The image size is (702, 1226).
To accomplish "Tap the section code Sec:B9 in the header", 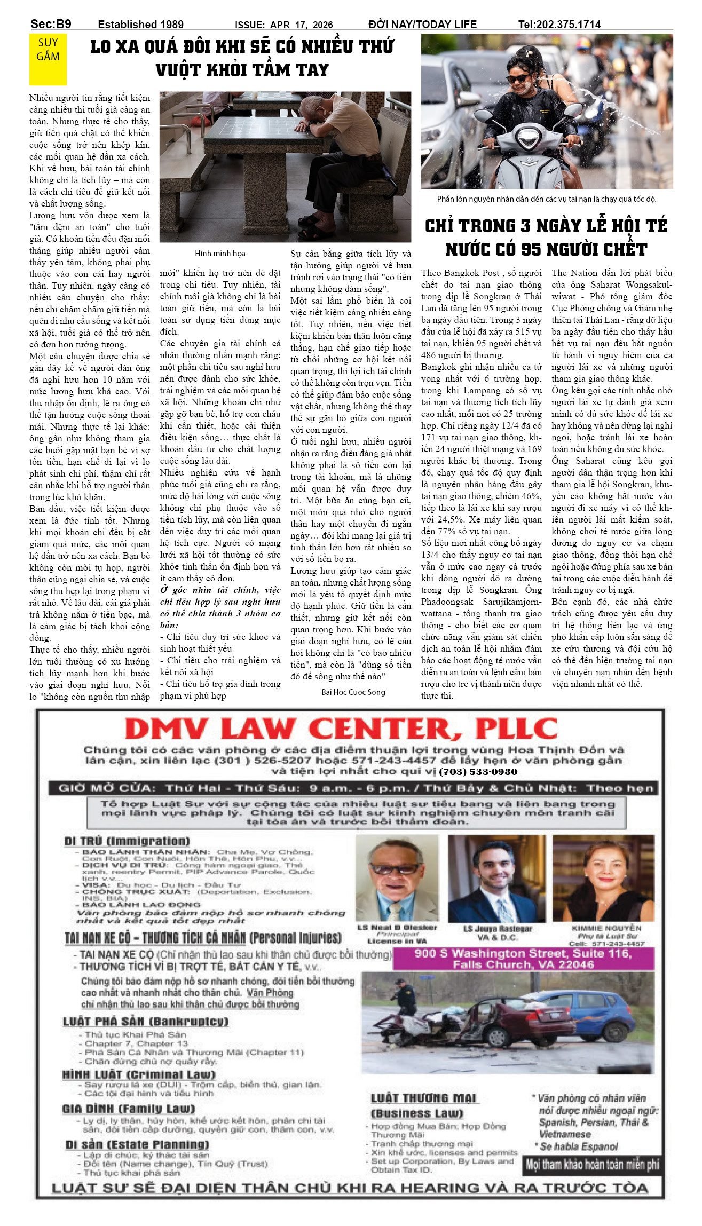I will point(51,24).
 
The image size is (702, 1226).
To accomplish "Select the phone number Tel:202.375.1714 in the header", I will point(559,25).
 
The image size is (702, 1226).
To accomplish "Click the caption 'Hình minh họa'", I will point(220,254).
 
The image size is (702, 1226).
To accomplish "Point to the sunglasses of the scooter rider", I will point(518,78).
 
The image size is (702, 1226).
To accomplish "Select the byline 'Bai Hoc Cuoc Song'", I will point(353,692).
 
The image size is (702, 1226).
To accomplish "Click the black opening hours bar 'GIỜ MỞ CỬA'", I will point(352,788).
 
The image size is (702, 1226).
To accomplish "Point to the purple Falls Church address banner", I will point(523,959).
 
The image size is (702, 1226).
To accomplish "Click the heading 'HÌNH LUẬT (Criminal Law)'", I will point(139,1074).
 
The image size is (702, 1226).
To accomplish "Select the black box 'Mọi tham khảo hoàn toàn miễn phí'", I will point(593,1165).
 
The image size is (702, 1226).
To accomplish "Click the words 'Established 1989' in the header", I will point(140,25).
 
